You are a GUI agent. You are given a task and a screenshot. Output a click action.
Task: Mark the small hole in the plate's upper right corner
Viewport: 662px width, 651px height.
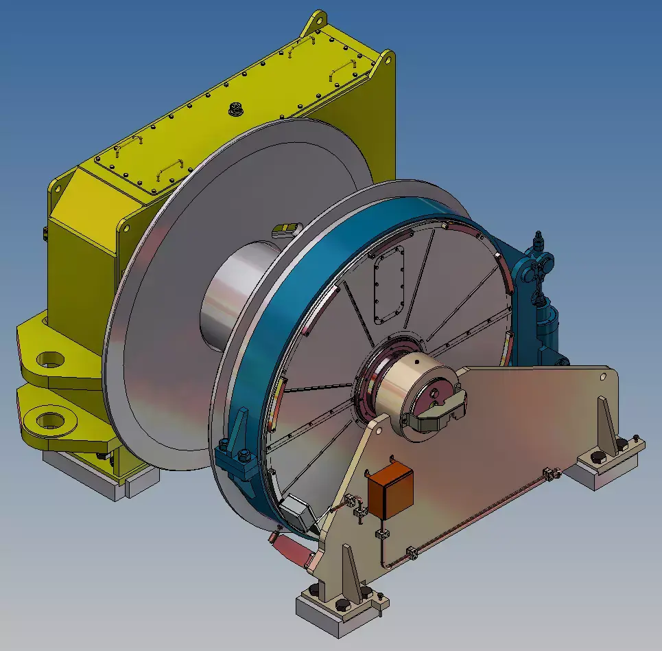click(603, 376)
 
